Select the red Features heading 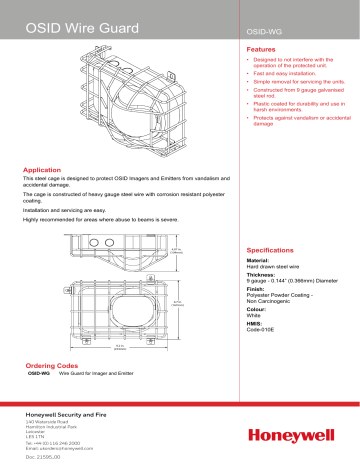click(x=261, y=48)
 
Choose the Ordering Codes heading click(x=53, y=366)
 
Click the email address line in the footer click(x=67, y=445)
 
